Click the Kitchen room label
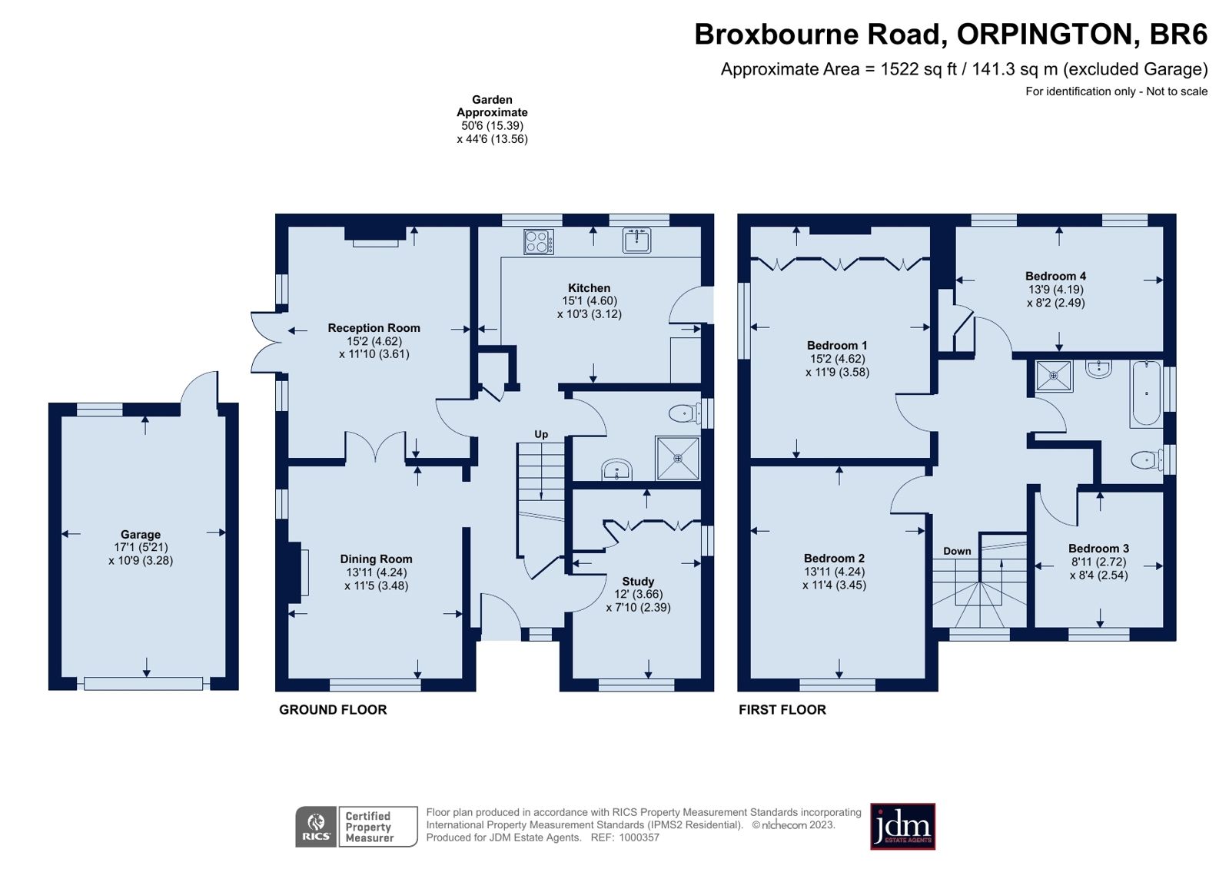589,288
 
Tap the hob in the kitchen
538,241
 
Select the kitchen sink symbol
636,240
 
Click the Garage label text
141,534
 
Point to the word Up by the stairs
541,435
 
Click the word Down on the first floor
957,551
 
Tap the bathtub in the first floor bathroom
1145,393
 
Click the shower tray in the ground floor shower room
678,458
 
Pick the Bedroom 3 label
1098,549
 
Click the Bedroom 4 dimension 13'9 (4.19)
1055,289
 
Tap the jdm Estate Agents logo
902,826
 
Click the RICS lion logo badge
316,826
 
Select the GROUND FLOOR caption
333,710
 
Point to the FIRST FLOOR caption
782,710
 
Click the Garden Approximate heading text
492,106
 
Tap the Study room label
638,582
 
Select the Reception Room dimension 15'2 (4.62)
374,341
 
